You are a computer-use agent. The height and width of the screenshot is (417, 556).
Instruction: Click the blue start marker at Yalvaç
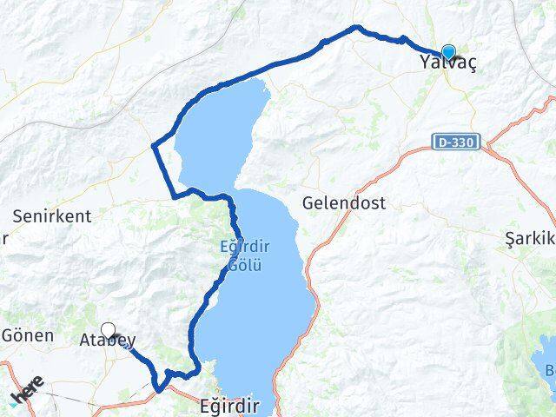[x=448, y=52]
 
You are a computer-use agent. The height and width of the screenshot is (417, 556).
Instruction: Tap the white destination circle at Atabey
[x=109, y=330]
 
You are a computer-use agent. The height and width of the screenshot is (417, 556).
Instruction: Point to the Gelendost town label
[x=344, y=202]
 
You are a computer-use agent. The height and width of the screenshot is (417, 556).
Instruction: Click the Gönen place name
[x=28, y=334]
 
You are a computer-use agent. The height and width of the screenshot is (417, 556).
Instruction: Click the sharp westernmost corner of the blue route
[x=154, y=144]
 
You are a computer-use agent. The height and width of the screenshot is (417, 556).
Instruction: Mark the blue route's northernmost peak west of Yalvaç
[x=354, y=28]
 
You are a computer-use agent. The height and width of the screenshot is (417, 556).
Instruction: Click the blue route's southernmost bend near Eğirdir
[x=158, y=388]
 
